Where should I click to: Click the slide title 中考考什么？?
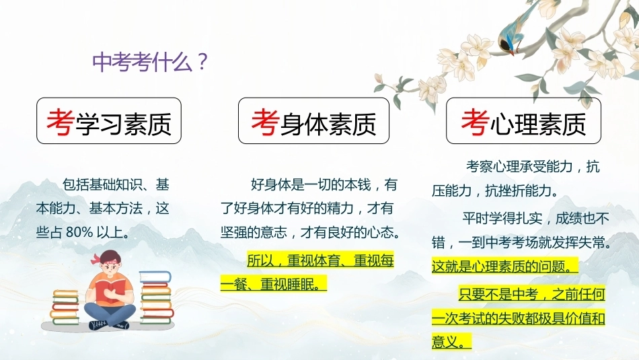click(x=151, y=61)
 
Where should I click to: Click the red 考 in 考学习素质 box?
click(x=61, y=122)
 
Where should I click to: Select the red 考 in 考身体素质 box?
click(x=265, y=122)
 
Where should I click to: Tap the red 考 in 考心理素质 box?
click(x=475, y=122)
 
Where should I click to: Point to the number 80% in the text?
click(x=79, y=232)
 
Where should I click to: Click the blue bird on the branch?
click(x=515, y=28)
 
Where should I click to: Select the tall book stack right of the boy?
click(x=156, y=297)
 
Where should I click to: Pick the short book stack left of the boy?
click(x=65, y=307)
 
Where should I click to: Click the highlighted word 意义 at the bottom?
click(x=445, y=342)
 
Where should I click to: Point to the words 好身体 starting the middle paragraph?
click(x=270, y=184)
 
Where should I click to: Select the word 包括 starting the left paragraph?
click(x=75, y=184)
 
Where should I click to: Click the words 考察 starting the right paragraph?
click(x=479, y=166)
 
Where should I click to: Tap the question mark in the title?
click(x=202, y=61)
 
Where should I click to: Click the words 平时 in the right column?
click(x=475, y=219)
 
